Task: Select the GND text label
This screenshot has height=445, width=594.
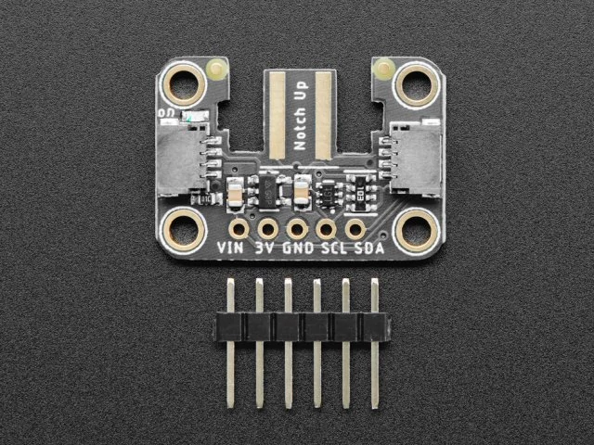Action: [x=298, y=248]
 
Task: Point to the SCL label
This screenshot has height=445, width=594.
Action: [x=331, y=248]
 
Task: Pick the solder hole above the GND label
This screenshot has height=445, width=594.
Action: [x=297, y=227]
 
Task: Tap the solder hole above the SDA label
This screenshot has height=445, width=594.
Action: [x=355, y=227]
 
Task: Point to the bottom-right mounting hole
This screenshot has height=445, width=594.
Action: [x=413, y=228]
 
